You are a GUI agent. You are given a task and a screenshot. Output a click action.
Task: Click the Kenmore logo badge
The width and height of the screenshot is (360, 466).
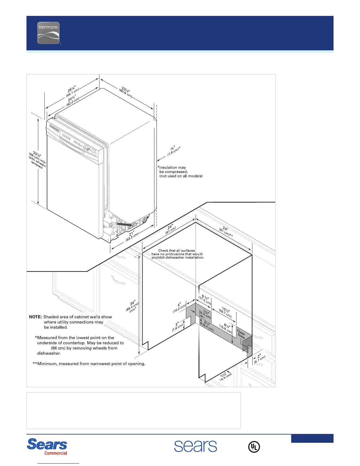pyautogui.click(x=49, y=33)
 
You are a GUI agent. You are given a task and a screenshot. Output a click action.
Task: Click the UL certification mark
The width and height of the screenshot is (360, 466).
pyautogui.click(x=254, y=447)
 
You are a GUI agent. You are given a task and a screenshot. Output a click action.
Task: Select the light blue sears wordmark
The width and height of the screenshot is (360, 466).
pyautogui.click(x=196, y=446)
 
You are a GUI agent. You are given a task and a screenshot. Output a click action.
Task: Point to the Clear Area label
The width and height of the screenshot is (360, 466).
pyautogui.click(x=241, y=334)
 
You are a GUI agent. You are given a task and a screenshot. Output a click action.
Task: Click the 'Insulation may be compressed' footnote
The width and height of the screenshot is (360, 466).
pyautogui.click(x=180, y=172)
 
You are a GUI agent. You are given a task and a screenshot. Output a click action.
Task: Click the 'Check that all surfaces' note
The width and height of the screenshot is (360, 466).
pyautogui.click(x=177, y=254)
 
